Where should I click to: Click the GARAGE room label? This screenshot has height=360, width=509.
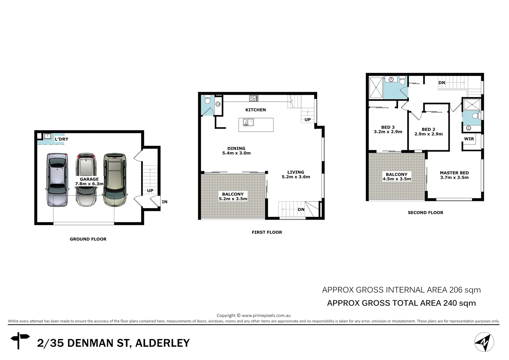[x=89, y=179]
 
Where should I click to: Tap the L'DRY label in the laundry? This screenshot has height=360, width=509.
[x=61, y=139]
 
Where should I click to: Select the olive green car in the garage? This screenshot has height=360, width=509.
[x=115, y=180]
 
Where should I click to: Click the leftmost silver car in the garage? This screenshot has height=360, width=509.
[x=57, y=180]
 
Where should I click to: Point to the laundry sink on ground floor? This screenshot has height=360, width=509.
[x=48, y=136]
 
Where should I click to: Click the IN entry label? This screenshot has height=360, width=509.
[x=165, y=202]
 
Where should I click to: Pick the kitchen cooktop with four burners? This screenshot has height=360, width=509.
[x=253, y=98]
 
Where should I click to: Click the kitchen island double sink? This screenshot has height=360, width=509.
[x=248, y=122]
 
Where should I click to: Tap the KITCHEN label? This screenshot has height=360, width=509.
[x=255, y=110]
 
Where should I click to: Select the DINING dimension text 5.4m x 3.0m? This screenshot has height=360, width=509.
[x=236, y=153]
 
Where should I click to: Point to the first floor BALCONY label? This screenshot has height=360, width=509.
[x=233, y=194]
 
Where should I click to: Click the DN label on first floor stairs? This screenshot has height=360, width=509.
[x=301, y=209]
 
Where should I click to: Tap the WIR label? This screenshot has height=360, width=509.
[x=469, y=139]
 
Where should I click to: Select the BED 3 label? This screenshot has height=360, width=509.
[x=388, y=127]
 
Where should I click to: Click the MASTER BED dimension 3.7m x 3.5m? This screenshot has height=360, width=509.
[x=454, y=177]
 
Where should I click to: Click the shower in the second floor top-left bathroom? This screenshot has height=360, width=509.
[x=376, y=87]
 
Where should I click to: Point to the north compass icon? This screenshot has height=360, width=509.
[x=484, y=342]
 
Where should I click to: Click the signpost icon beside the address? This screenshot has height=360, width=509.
[x=20, y=340]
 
